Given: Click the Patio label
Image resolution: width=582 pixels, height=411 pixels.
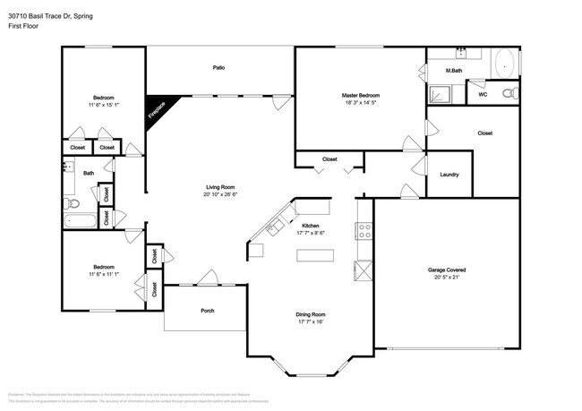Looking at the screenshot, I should coord(218,68).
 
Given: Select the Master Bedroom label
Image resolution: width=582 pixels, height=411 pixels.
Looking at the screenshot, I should coord(360,95).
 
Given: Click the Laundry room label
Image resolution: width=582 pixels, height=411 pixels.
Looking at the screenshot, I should coord(449,176).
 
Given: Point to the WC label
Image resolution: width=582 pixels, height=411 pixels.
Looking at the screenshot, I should coord(483,94).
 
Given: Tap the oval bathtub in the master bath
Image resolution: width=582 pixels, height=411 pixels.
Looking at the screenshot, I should coord(503,64).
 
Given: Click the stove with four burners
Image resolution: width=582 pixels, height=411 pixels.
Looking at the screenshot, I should coord(364,232).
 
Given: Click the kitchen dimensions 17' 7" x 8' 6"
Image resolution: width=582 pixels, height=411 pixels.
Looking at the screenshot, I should coord(311,233).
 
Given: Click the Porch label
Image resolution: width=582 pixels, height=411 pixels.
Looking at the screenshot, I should coord(206,311).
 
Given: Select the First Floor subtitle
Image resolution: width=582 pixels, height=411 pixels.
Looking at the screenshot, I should coord(24,27).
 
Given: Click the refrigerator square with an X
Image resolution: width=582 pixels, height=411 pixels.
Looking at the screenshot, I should coord(364,270).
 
